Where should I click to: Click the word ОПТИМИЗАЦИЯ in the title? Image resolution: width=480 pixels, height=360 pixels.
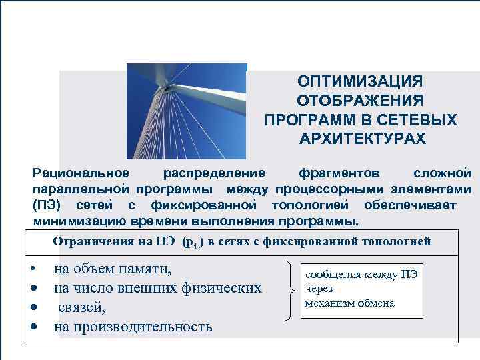360,81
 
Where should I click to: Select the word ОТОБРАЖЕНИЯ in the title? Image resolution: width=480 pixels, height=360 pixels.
360,101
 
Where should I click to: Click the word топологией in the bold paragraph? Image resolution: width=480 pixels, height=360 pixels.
307,205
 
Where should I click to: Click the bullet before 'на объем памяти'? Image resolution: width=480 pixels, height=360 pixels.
33,270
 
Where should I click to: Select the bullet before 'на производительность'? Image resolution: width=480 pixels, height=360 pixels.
33,327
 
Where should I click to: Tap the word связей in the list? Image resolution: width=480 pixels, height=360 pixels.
81,308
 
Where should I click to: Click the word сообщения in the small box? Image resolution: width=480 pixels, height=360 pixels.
333,275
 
